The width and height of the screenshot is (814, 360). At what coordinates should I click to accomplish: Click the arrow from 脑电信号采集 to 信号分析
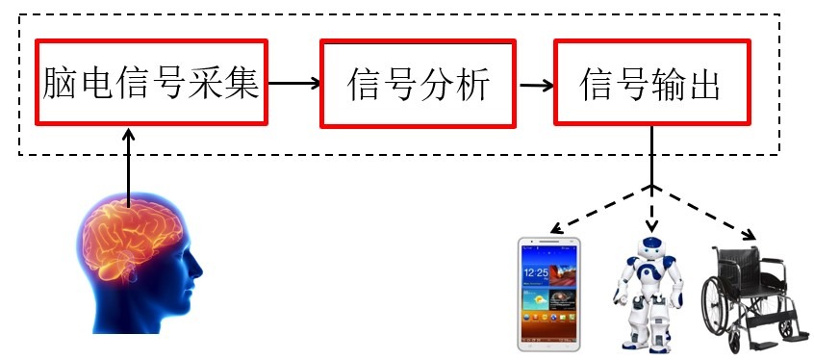pyautogui.click(x=294, y=83)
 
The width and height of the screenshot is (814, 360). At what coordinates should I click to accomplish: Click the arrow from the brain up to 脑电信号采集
pyautogui.click(x=129, y=167)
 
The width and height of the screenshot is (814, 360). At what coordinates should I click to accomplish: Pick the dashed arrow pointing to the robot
pyautogui.click(x=652, y=209)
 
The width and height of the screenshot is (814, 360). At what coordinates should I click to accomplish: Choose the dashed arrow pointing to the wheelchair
pyautogui.click(x=704, y=213)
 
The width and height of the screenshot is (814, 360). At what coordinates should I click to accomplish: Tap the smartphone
pyautogui.click(x=548, y=295)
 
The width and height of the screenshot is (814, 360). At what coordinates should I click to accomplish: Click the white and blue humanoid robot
pyautogui.click(x=649, y=294)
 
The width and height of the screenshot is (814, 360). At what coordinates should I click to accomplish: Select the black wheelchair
pyautogui.click(x=751, y=299)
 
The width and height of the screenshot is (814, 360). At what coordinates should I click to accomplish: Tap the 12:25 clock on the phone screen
pyautogui.click(x=536, y=272)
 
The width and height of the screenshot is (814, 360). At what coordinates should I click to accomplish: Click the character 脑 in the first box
pyautogui.click(x=62, y=83)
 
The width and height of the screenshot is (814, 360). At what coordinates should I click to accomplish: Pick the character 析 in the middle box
pyautogui.click(x=471, y=84)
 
